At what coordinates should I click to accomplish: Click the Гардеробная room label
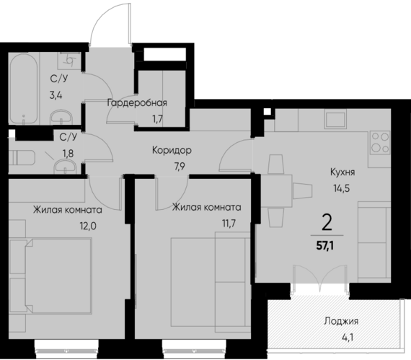[x=137, y=102]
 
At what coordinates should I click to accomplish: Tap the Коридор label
[x=171, y=151]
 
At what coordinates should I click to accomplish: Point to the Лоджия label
[x=342, y=322]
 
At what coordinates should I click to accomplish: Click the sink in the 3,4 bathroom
[x=62, y=115]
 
